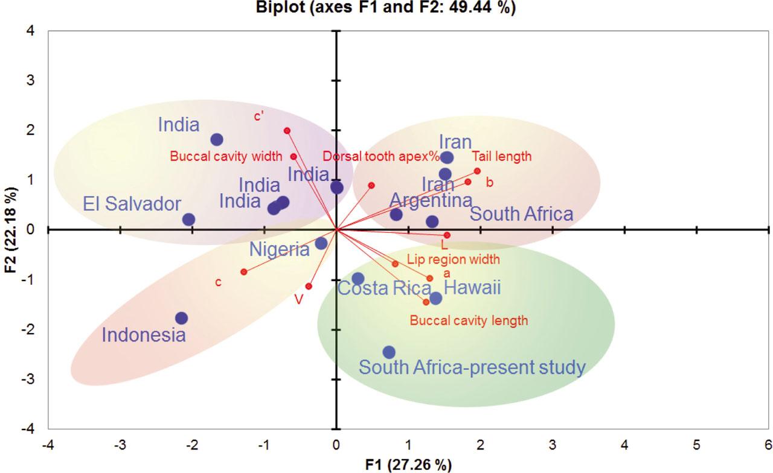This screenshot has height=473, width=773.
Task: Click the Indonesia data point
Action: click(181, 318)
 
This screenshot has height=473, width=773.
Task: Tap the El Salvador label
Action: click(132, 203)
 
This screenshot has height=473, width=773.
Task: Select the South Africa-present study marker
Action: click(389, 352)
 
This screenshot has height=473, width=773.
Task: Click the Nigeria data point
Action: click(321, 243)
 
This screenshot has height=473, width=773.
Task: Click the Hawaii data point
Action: click(435, 298)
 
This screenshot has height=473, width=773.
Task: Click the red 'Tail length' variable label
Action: click(501, 156)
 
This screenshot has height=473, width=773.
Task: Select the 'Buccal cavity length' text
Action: click(469, 320)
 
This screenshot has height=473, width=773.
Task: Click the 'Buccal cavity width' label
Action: click(226, 157)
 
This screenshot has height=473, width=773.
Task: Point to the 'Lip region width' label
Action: click(454, 260)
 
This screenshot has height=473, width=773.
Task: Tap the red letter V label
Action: click(298, 300)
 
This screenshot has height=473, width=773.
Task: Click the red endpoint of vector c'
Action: click(287, 130)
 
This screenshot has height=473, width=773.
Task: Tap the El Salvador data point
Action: click(188, 220)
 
